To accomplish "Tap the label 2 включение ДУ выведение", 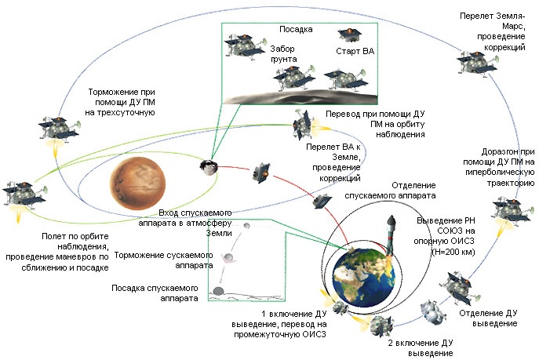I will [x=421, y=347].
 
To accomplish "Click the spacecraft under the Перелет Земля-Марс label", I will [x=473, y=60].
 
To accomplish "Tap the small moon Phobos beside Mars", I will [x=209, y=165].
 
